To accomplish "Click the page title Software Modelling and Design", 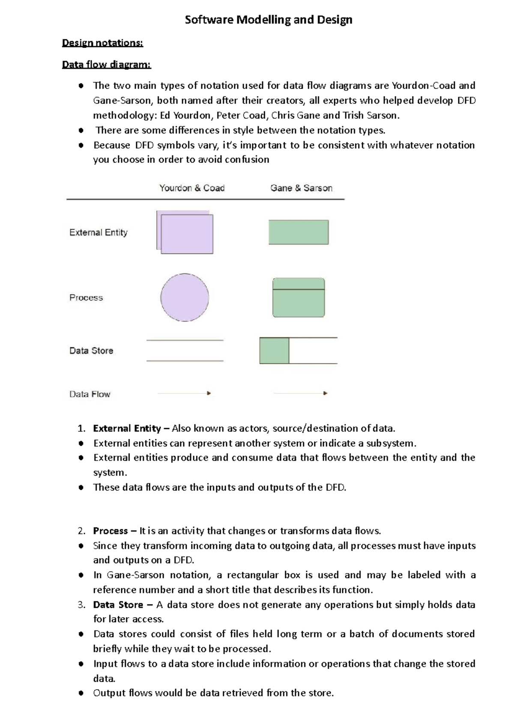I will (268, 20).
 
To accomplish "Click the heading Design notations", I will (102, 43).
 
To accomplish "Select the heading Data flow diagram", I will (106, 65).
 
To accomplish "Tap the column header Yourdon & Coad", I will (192, 188).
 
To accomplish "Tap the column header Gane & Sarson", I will (301, 188).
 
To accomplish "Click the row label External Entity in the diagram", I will (99, 232).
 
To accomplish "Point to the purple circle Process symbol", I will (185, 297).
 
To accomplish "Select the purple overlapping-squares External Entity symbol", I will (185, 233).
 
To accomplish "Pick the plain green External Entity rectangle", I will (299, 232).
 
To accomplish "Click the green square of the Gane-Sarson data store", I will (274, 351).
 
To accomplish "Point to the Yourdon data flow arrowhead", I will (209, 393).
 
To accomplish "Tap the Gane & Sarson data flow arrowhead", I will (325, 393).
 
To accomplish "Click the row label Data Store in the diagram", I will (91, 351).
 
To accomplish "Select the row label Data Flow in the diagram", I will (90, 394).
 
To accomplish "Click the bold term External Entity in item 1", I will (127, 428).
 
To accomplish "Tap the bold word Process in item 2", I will (110, 531).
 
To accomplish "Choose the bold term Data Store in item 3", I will (118, 605).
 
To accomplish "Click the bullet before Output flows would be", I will (81, 693).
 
